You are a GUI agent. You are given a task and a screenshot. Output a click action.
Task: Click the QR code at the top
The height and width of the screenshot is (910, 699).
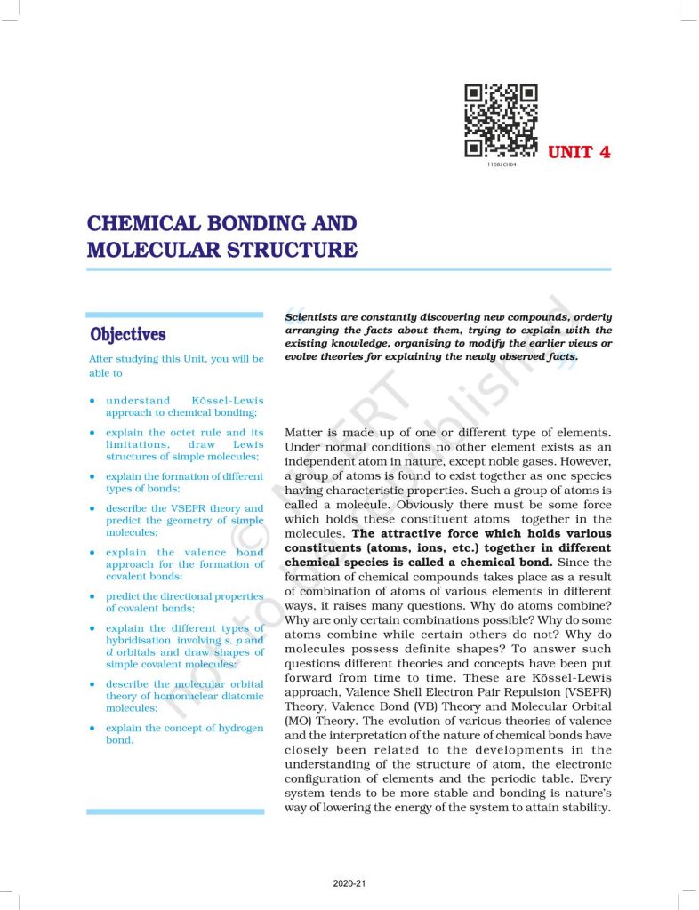point(502,121)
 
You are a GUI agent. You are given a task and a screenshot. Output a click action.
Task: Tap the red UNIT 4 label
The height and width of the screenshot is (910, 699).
point(579,151)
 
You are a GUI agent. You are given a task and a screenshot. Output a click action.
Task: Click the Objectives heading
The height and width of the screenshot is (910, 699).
point(127,335)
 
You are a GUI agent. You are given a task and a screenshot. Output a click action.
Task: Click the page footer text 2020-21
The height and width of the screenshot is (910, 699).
point(349,883)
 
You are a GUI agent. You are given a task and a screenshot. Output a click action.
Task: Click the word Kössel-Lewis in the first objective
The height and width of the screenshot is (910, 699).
point(227,401)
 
